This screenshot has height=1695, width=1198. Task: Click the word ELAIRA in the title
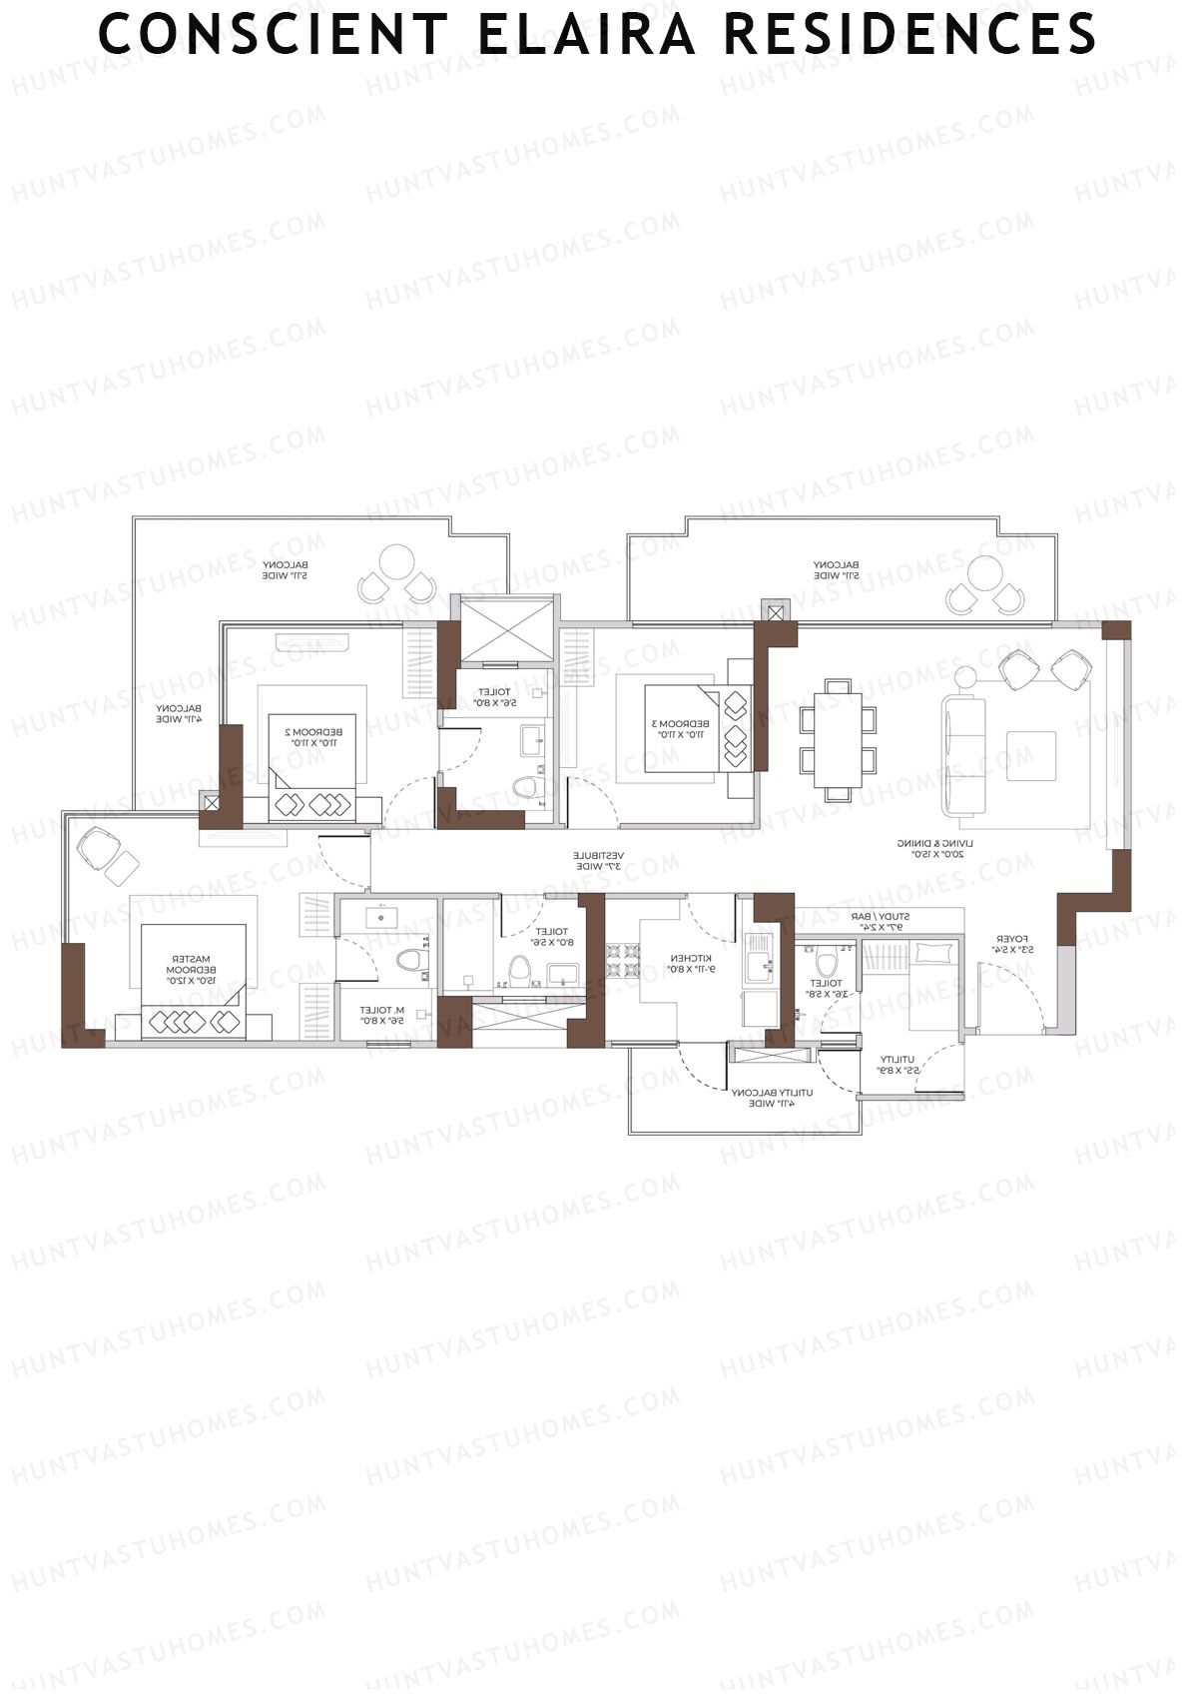pos(586,34)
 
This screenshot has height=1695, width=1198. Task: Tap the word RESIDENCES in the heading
pos(909,34)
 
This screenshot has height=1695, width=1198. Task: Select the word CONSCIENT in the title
pos(273,34)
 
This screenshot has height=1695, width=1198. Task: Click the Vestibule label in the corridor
pos(598,861)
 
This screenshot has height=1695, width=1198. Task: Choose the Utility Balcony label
pos(772,1098)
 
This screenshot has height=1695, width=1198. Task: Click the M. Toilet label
pos(381,1015)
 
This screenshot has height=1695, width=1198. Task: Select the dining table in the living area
pos(838,739)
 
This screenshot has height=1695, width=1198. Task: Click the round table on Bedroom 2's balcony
pos(397,561)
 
